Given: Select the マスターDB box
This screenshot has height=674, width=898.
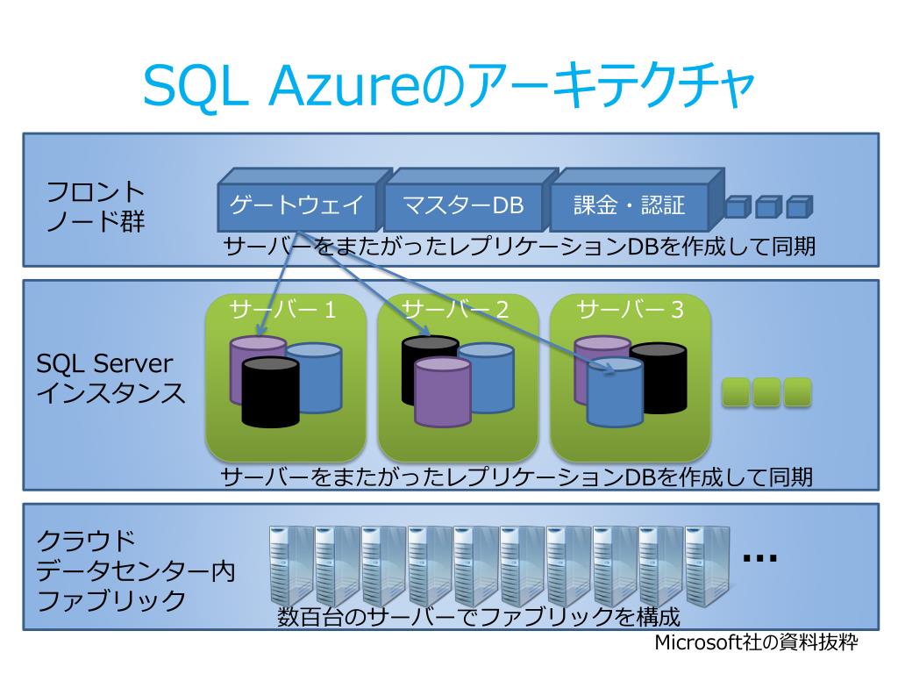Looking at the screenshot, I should click(x=462, y=206).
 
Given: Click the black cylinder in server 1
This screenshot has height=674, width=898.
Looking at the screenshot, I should click(x=270, y=395).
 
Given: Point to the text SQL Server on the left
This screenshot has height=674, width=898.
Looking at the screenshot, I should click(x=104, y=363).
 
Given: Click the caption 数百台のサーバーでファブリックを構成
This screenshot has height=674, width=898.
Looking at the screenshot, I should click(x=479, y=616).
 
